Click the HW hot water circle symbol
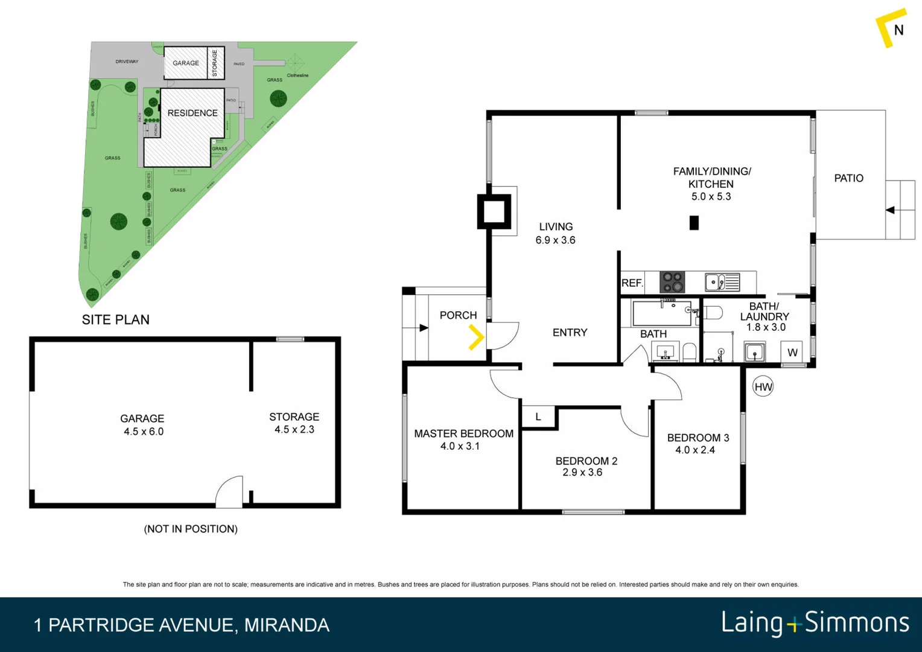coord(763,387)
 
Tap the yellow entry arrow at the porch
coord(476,337)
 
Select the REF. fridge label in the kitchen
coord(632,283)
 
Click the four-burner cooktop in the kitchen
coord(672,282)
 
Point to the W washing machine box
coord(792,353)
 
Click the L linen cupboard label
coord(538,417)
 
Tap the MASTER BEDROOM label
coord(463,433)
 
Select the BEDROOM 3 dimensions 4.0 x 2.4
coord(695,450)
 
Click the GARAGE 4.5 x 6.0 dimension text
coord(144,432)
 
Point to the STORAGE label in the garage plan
coord(294,417)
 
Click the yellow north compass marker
coord(890,27)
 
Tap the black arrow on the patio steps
coord(890,210)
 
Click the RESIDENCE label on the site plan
coord(192,113)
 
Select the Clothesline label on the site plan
coord(297,75)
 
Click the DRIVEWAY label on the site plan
coord(127,62)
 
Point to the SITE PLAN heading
coord(116,319)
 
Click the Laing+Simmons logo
coord(815,623)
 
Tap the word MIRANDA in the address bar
coord(287,625)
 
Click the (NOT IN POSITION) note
coord(191,529)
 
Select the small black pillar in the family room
coord(694,223)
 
